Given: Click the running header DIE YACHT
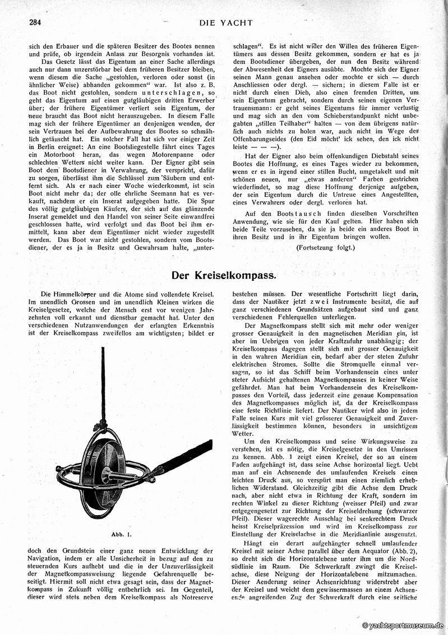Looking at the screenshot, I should (226, 23).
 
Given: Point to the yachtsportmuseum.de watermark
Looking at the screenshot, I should (403, 625).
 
